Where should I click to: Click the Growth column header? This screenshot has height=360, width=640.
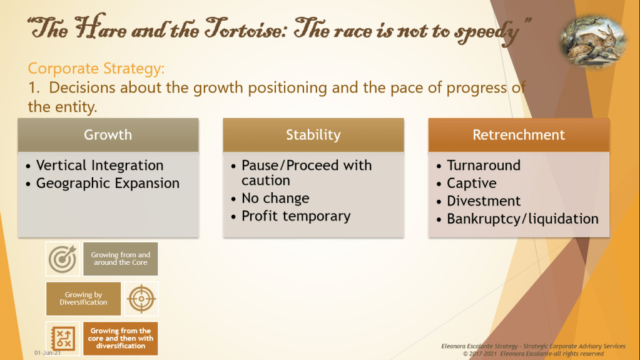point(108,135)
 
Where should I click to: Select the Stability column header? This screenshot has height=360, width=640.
point(313,135)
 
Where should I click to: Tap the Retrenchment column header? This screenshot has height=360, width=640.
point(519,135)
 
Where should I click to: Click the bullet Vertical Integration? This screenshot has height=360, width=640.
point(94,165)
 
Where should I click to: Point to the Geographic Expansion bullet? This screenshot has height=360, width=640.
point(103,183)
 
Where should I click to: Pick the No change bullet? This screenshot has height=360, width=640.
point(270,198)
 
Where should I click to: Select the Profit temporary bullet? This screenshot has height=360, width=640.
point(291,216)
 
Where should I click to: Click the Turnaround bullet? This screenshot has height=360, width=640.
point(479,165)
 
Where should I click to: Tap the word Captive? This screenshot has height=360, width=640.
point(472,183)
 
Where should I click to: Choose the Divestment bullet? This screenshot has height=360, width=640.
point(479,201)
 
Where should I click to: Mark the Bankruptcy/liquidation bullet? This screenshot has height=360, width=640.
point(517,219)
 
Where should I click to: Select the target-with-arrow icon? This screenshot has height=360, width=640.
point(63,259)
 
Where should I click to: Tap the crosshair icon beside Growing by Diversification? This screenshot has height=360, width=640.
point(141,299)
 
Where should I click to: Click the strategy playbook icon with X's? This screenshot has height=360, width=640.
point(63,338)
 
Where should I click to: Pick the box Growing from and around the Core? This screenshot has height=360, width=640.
point(120,259)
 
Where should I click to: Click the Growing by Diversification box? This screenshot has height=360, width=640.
point(83,299)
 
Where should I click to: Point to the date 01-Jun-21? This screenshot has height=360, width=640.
point(48,352)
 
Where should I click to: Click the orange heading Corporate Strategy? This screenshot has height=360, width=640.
point(96,68)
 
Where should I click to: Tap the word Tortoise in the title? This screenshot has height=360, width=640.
point(243,29)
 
